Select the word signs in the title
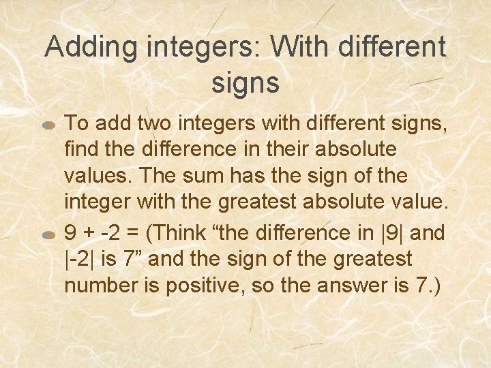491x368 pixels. tap(245, 83)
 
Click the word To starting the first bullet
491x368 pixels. tap(76, 123)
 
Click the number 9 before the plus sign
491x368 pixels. tap(70, 232)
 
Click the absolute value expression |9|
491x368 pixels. tap(393, 232)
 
